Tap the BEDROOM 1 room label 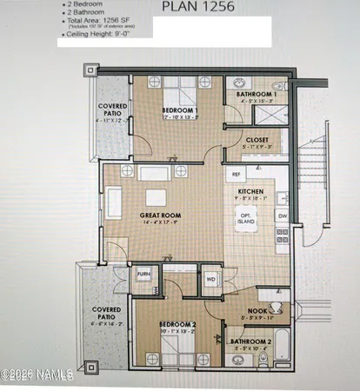(180, 111)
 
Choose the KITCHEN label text (251, 192)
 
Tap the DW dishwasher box (282, 215)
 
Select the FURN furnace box (143, 276)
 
